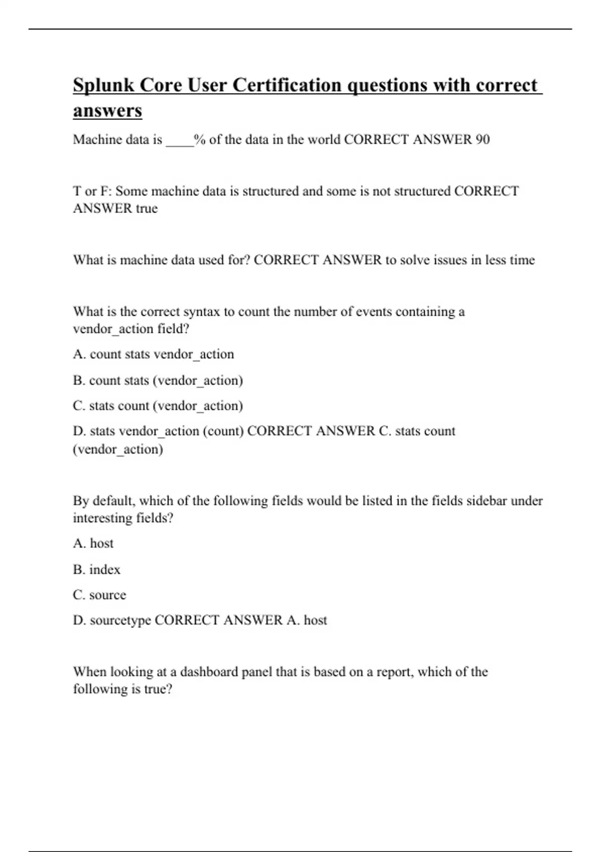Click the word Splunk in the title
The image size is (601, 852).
(x=104, y=86)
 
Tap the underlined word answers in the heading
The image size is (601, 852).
(x=108, y=111)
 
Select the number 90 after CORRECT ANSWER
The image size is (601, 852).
(x=482, y=139)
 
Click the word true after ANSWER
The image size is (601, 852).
(x=146, y=208)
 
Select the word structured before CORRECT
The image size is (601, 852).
(x=422, y=191)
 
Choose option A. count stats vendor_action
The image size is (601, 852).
(x=153, y=354)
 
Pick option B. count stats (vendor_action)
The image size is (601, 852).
(x=158, y=380)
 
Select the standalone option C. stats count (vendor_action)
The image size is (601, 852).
(x=158, y=405)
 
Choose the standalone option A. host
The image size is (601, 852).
(x=93, y=543)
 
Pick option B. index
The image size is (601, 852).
(x=97, y=569)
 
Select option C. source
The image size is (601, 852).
(x=99, y=595)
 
